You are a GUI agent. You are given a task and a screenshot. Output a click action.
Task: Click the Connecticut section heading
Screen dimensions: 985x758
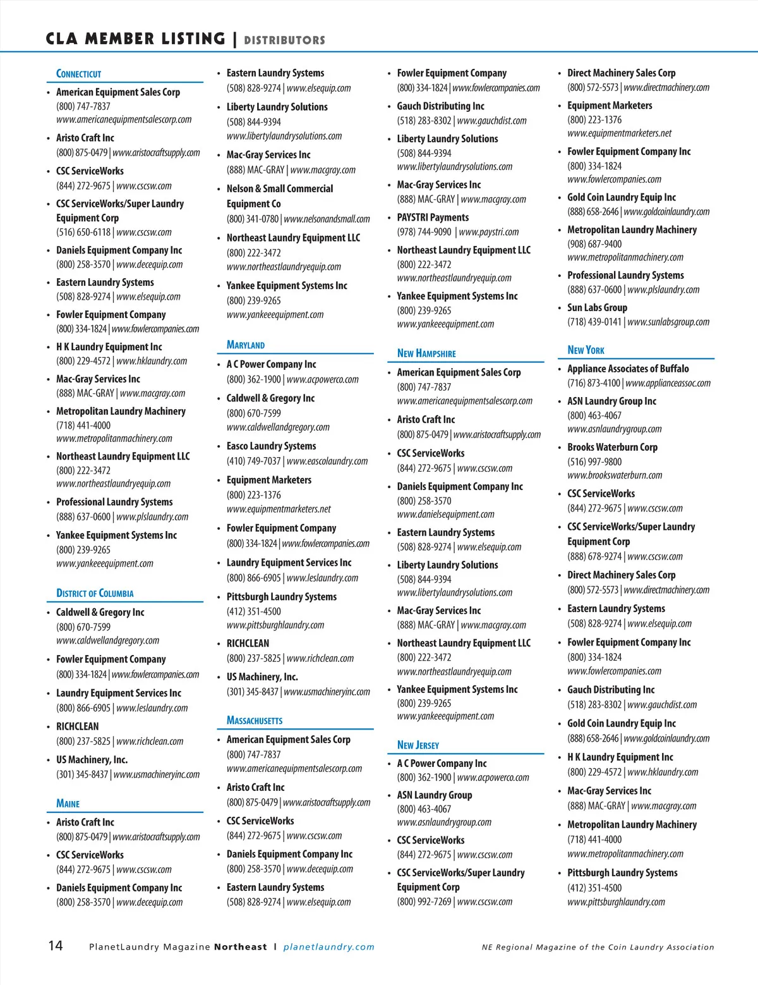coord(78,74)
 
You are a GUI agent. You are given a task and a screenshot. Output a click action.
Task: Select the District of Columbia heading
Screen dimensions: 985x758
coord(95,593)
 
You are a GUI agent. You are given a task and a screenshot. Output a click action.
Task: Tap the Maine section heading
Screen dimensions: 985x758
coord(68,804)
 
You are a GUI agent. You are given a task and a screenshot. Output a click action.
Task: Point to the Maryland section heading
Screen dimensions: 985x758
coord(246,345)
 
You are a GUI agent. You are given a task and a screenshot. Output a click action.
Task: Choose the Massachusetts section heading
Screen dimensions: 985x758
coord(255,720)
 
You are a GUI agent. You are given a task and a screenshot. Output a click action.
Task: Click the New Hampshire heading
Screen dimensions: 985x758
coord(426,353)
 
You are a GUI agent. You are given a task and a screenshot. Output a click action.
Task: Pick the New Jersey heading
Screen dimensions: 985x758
coord(418,745)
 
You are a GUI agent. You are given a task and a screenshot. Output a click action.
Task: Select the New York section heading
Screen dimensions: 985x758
coord(586,350)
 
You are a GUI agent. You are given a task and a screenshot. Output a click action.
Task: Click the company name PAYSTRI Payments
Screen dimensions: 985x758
coord(433,217)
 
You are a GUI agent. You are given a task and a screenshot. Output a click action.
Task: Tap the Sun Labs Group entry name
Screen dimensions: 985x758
coord(597,307)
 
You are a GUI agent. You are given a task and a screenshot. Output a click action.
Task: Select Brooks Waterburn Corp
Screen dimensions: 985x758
coord(612,447)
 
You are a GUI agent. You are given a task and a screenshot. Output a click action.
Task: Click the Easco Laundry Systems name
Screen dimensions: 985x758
coord(271,446)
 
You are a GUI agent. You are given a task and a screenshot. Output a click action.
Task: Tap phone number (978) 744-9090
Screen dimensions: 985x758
coord(424,232)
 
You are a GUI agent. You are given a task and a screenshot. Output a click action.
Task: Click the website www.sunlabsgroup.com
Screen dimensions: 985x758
coord(668,322)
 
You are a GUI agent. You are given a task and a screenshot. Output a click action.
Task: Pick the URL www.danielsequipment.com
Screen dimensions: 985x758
coord(445,514)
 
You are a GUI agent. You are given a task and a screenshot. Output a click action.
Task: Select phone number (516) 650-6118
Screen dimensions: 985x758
coord(83,232)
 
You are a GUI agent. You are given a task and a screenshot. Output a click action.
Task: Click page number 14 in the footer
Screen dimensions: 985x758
coord(56,946)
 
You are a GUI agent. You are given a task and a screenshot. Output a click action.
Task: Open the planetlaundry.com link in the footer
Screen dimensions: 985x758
coord(328,947)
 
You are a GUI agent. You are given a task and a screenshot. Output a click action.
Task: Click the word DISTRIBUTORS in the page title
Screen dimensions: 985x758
coord(285,40)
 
